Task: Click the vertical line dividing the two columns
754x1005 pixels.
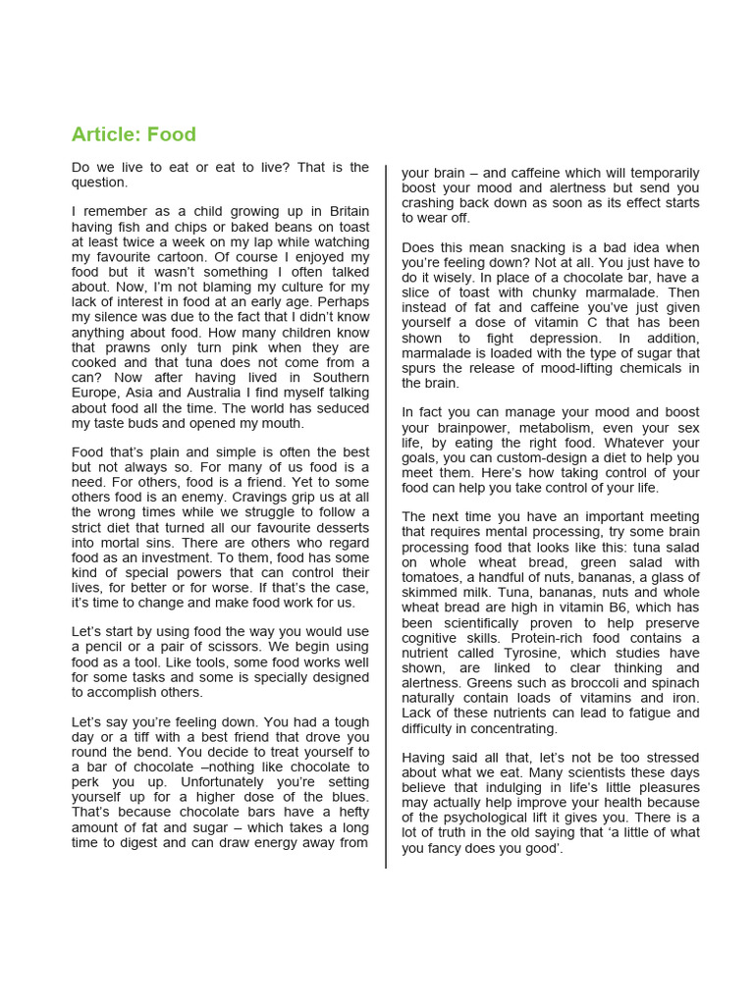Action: [x=386, y=510]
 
